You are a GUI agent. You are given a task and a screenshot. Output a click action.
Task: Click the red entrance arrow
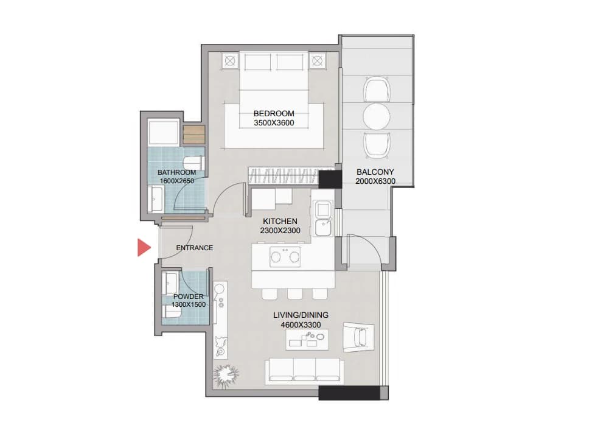pos(144,248)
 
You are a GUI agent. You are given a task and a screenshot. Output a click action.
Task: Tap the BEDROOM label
pos(274,113)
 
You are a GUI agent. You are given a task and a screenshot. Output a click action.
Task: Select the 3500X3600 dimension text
pos(274,123)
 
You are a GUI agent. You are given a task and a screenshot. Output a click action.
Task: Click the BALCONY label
pos(375,172)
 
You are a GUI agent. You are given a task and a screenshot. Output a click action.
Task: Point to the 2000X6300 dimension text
pos(375,181)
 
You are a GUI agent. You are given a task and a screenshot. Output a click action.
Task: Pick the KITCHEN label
pos(280,221)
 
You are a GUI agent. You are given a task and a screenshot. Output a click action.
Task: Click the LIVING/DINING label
pos(301,315)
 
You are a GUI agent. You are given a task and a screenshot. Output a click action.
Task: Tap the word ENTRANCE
pos(194,248)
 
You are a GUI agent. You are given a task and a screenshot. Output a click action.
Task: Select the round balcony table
pos(377,116)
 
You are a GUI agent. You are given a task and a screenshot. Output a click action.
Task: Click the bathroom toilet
pos(193,161)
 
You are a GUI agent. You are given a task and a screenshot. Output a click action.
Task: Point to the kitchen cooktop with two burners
pos(285,257)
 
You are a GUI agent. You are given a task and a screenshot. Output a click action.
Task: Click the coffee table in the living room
pos(307,339)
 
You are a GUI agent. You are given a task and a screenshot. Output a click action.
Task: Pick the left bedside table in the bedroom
pos(231,61)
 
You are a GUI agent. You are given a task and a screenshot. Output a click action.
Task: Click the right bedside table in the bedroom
pos(318,61)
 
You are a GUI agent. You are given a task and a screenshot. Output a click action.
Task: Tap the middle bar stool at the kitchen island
pos(295,294)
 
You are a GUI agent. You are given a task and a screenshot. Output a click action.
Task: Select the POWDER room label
pos(189,296)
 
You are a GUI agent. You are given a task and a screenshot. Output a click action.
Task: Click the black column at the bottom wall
pos(349,393)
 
